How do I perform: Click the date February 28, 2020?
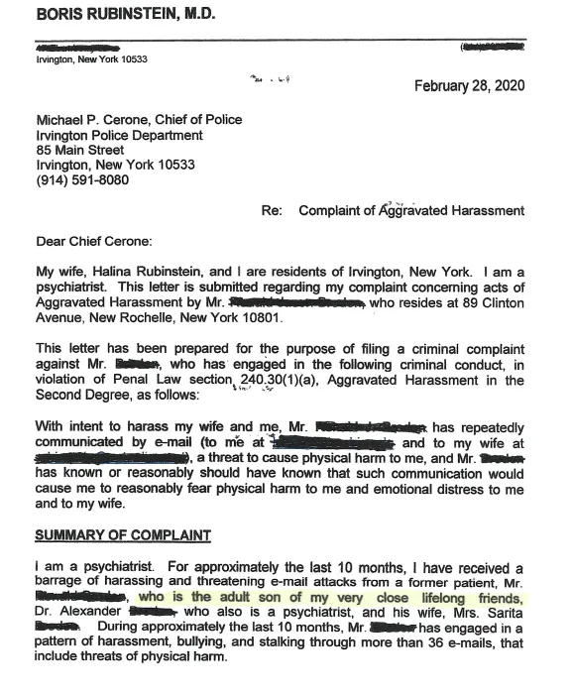(469, 85)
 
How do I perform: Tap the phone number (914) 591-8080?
(82, 180)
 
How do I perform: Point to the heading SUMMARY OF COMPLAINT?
(123, 535)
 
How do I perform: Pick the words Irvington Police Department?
(120, 136)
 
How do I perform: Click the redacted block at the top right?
(491, 47)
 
